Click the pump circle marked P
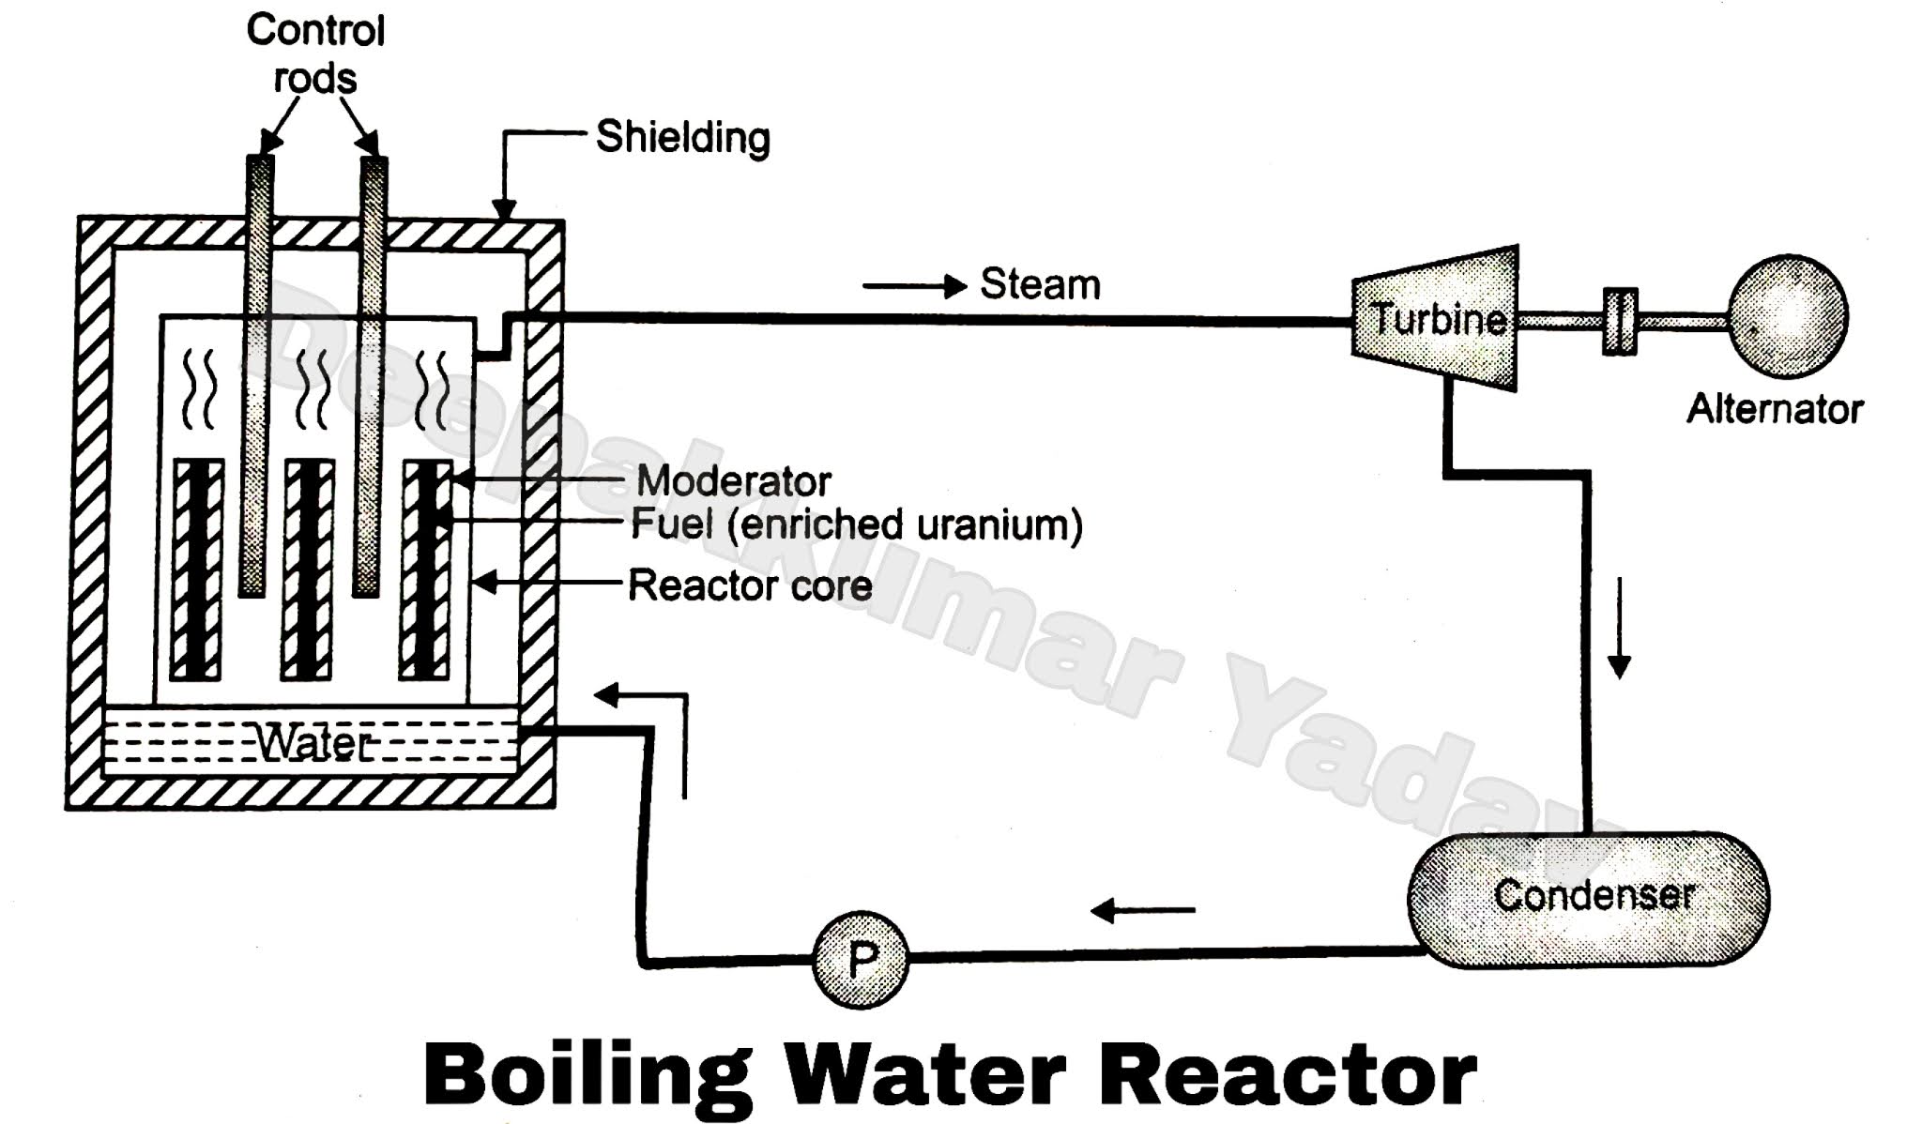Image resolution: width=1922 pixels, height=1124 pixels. point(860,959)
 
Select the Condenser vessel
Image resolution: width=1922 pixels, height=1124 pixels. point(1588,897)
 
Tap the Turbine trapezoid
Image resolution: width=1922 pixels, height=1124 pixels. point(1436,319)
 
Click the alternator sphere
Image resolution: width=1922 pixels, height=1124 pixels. point(1788,317)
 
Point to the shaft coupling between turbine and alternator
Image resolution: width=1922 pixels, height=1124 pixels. point(1620,321)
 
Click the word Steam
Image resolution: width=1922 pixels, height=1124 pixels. point(1040,284)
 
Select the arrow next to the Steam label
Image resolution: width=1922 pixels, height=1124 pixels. point(914,285)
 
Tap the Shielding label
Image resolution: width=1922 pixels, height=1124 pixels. point(683,137)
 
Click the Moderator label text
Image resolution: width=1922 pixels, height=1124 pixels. point(734,481)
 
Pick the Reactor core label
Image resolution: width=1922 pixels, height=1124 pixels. point(750,585)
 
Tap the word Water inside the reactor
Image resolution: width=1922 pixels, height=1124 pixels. point(313,744)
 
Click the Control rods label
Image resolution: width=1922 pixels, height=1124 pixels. point(315,54)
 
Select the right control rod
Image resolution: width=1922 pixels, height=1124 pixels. point(370,375)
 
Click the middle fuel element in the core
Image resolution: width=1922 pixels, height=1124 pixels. point(308,570)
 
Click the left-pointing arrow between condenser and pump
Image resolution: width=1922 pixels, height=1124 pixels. point(1143,910)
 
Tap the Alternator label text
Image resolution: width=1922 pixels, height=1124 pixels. point(1774,409)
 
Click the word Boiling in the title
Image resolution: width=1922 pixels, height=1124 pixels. point(587,1073)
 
